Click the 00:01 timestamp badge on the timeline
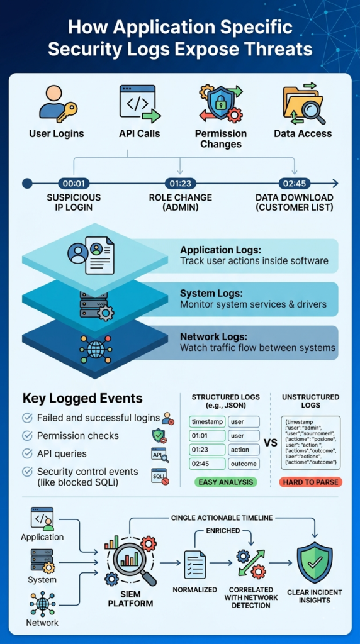pos(74,184)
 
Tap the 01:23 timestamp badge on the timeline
pos(180,184)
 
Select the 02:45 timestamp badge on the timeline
pos(294,184)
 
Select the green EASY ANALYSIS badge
pos(225,482)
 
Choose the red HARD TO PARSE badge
pos(310,482)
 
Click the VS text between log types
pos(271,443)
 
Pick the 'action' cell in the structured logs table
pos(243,450)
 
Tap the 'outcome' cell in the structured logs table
pos(243,464)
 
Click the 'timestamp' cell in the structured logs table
pos(206,421)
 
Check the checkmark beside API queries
pos(27,453)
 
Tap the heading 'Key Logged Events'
pos(82,398)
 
